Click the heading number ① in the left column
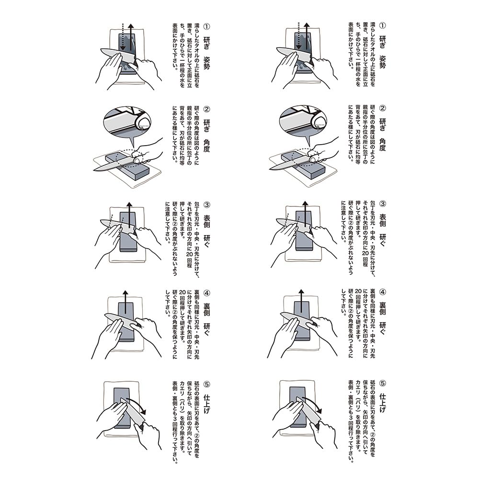[x=206, y=26]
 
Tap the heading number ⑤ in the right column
[x=382, y=383]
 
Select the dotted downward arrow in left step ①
[x=123, y=37]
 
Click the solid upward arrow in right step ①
[x=307, y=36]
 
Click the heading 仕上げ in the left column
[x=206, y=404]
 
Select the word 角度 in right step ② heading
[x=382, y=145]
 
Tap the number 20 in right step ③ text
[x=365, y=253]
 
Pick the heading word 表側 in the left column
[x=206, y=221]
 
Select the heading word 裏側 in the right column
[x=382, y=308]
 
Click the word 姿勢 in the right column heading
[x=382, y=62]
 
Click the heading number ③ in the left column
[x=206, y=205]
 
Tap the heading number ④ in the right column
[x=382, y=292]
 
